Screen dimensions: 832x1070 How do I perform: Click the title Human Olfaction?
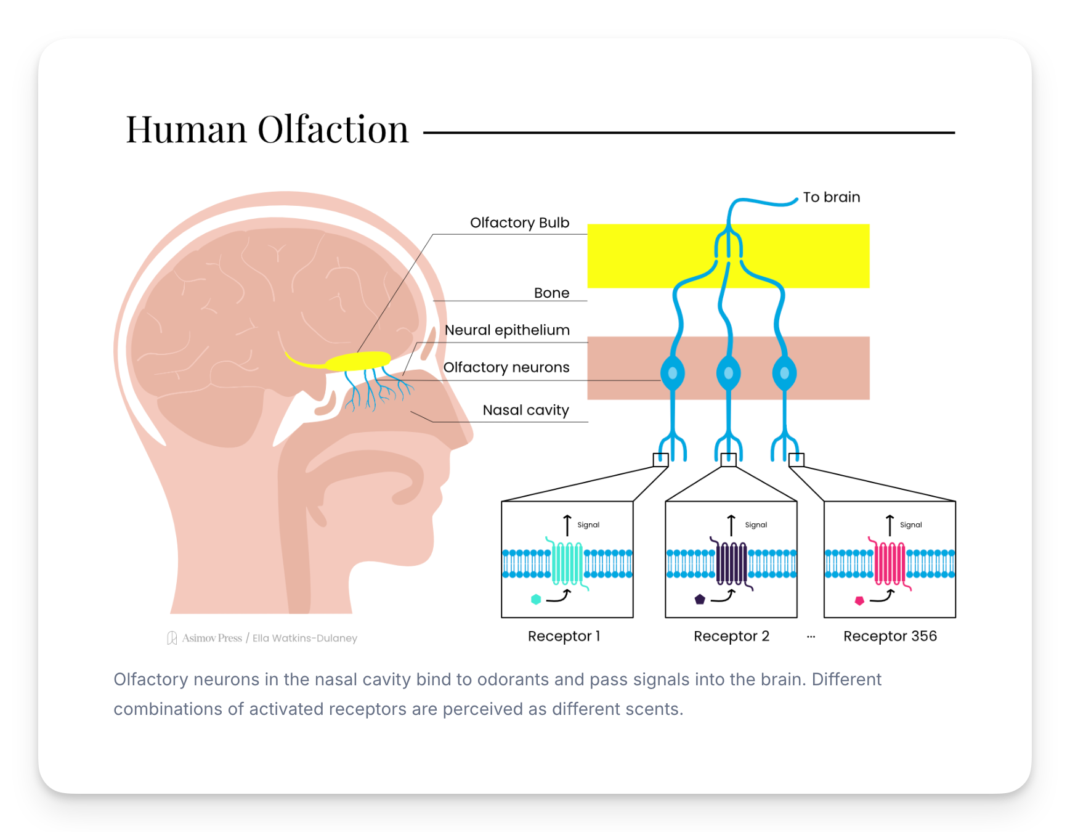[x=267, y=129]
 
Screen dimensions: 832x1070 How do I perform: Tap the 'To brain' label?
[x=831, y=197]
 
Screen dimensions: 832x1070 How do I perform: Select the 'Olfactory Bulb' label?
[x=519, y=222]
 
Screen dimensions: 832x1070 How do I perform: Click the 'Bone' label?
[x=551, y=293]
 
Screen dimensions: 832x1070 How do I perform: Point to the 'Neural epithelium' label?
[x=507, y=330]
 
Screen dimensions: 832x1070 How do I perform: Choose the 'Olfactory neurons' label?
[x=506, y=367]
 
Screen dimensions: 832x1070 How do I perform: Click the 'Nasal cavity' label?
[x=525, y=410]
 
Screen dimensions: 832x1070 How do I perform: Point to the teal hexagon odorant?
[x=536, y=599]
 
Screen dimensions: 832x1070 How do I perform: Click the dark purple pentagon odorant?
[x=700, y=599]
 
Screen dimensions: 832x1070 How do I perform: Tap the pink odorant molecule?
[x=859, y=600]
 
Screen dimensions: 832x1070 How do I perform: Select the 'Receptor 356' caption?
[x=890, y=636]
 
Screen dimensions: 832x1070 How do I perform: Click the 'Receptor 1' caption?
[x=564, y=636]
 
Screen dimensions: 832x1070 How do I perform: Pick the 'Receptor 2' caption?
[x=731, y=636]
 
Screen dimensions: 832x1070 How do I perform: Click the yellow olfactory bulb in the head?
[x=358, y=361]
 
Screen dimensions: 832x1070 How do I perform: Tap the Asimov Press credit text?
[x=212, y=638]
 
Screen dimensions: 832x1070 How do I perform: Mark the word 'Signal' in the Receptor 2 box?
[x=756, y=525]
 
